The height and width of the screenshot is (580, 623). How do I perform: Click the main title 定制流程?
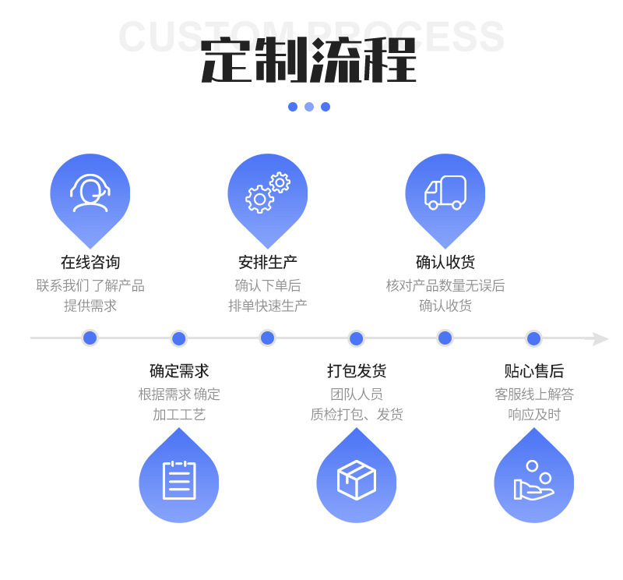[309, 60]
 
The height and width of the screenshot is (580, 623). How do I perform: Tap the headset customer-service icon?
[90, 193]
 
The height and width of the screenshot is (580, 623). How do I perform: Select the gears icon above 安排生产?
[267, 193]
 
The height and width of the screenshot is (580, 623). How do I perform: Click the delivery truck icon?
[445, 193]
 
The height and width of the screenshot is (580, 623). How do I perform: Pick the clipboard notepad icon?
[179, 480]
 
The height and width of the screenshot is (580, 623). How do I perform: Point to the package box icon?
[356, 480]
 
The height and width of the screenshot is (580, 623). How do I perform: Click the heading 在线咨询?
[90, 262]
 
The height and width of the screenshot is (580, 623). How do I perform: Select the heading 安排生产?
[268, 262]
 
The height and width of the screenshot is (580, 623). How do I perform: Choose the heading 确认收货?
[445, 262]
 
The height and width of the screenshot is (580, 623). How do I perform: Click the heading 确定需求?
[179, 371]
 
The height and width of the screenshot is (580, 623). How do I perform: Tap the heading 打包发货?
[357, 371]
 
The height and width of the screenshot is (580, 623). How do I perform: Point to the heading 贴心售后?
[534, 371]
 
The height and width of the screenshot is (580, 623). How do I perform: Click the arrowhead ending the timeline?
[598, 338]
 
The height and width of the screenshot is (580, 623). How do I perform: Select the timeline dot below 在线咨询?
[90, 338]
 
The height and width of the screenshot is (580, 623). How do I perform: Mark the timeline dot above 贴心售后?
[533, 338]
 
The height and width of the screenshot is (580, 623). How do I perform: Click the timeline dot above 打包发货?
[356, 338]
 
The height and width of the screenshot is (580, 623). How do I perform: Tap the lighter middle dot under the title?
[309, 107]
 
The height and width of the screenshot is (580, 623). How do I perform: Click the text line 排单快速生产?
[268, 306]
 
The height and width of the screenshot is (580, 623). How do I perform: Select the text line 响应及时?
[534, 415]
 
